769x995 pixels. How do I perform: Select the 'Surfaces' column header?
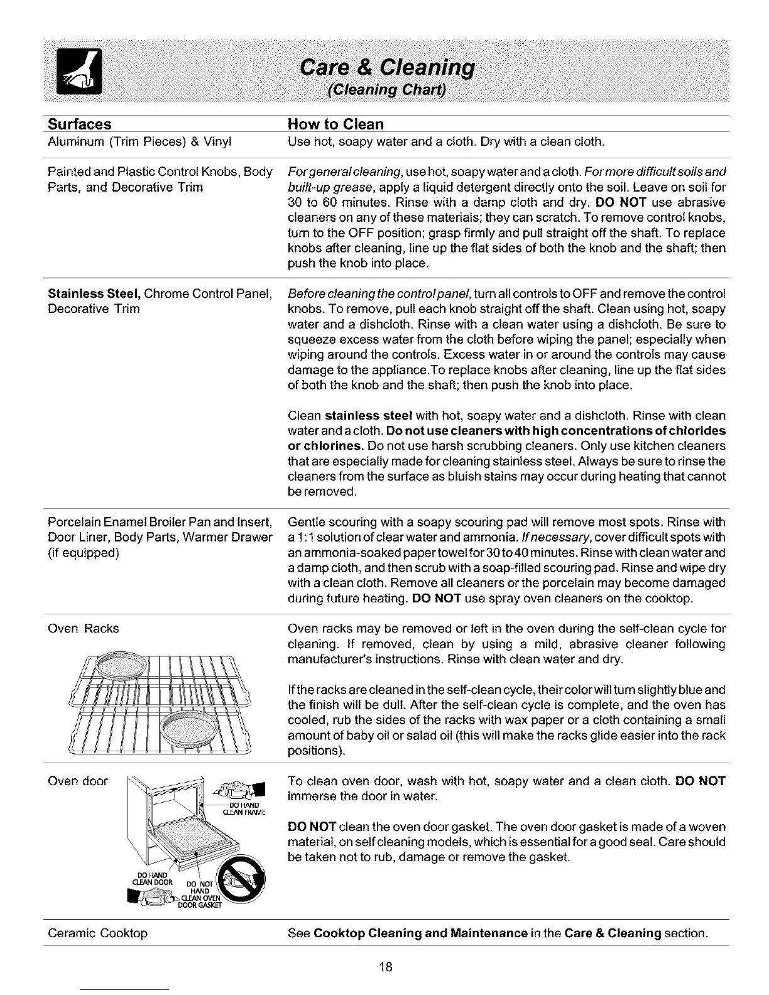coord(80,124)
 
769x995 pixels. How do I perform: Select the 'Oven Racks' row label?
coord(84,628)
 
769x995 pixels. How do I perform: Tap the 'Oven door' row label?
coord(78,781)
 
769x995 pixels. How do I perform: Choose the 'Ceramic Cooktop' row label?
coord(97,933)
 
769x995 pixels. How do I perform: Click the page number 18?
coord(385,967)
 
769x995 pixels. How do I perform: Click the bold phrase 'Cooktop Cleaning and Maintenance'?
coord(420,933)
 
